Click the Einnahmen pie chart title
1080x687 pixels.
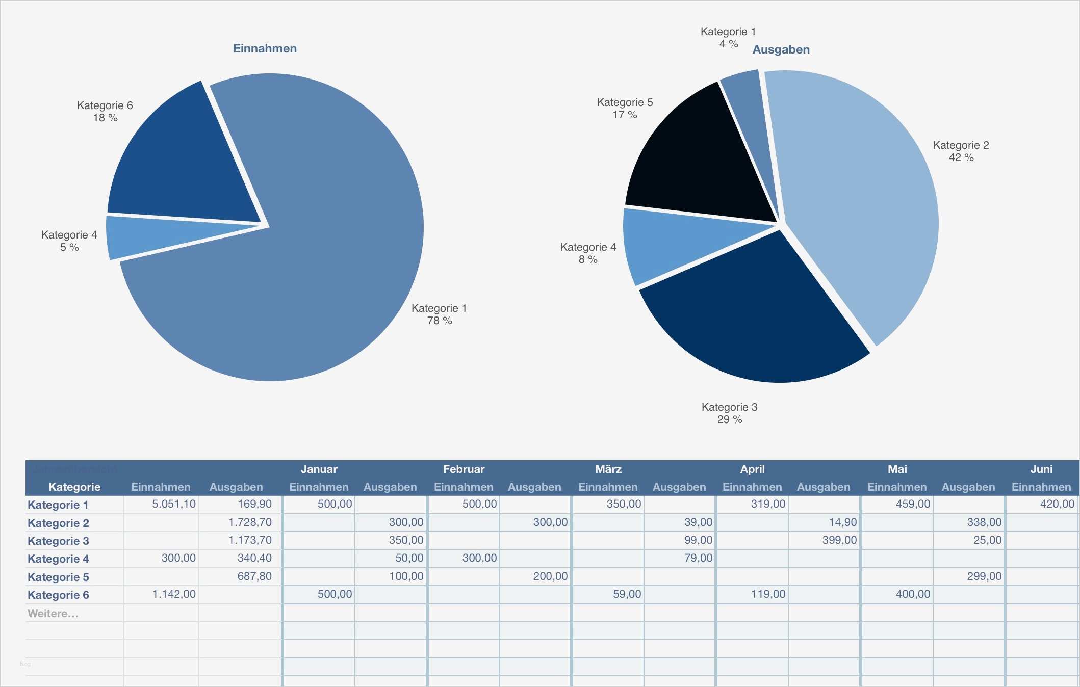tap(265, 48)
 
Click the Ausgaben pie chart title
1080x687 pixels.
tap(781, 49)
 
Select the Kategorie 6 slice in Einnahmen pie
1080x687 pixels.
tap(184, 163)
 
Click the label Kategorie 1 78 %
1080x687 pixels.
tap(439, 314)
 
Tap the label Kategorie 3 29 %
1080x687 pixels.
tap(729, 413)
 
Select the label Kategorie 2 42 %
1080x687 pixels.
tap(961, 151)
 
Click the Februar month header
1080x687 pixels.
tap(464, 469)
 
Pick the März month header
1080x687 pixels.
tap(608, 469)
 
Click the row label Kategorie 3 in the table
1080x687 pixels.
tap(58, 541)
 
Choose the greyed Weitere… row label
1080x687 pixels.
tap(53, 613)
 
